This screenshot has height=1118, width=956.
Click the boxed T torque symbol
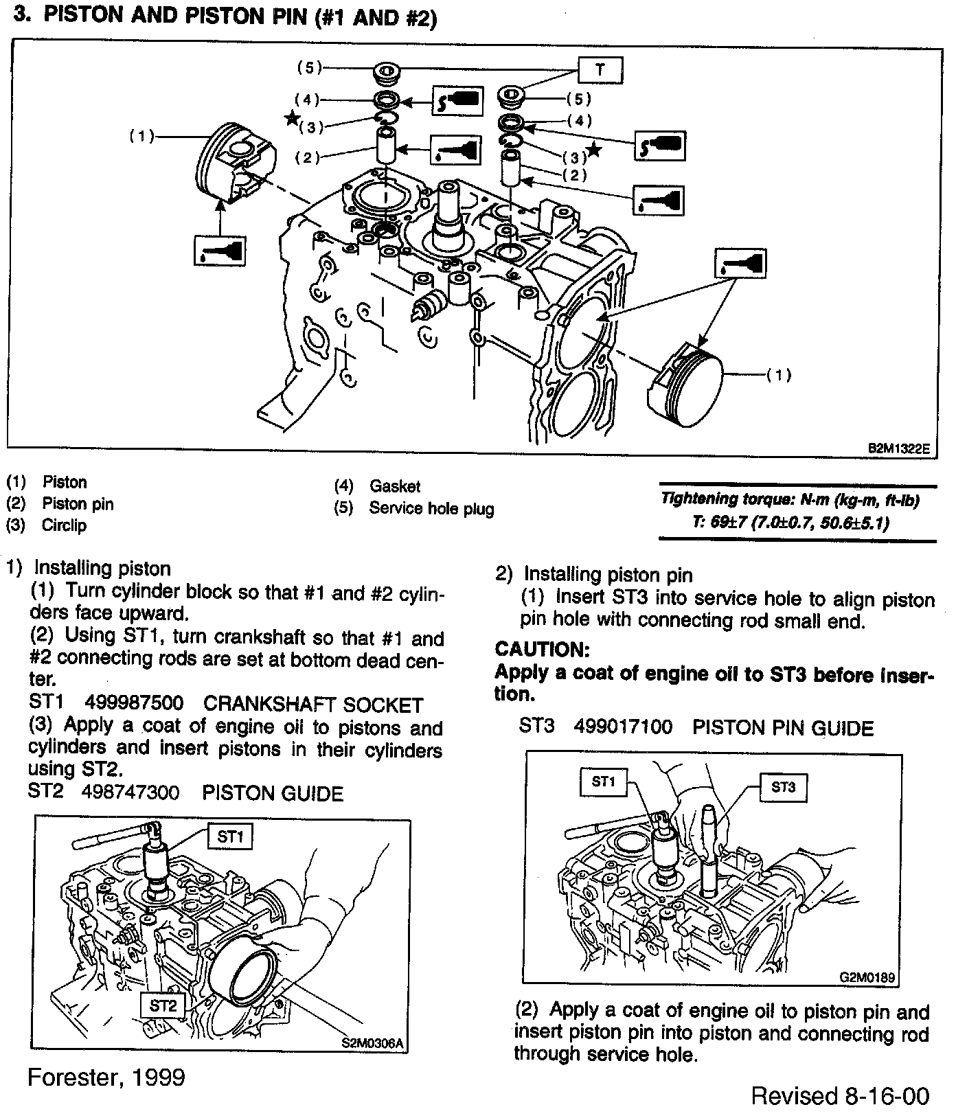click(600, 69)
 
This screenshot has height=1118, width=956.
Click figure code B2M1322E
click(898, 448)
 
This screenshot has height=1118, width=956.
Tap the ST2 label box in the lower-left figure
click(163, 1006)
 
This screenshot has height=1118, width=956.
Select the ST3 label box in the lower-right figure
click(783, 787)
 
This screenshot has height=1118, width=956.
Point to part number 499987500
click(134, 704)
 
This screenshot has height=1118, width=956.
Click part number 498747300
click(130, 793)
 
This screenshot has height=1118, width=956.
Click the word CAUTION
click(542, 649)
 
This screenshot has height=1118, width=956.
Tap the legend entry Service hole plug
click(431, 509)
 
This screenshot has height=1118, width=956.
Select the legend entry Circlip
click(65, 526)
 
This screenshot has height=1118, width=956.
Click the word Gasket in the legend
click(394, 487)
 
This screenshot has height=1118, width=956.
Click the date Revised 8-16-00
click(840, 1096)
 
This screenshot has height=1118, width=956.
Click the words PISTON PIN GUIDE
click(783, 728)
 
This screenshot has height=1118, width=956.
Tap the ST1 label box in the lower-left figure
click(230, 836)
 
